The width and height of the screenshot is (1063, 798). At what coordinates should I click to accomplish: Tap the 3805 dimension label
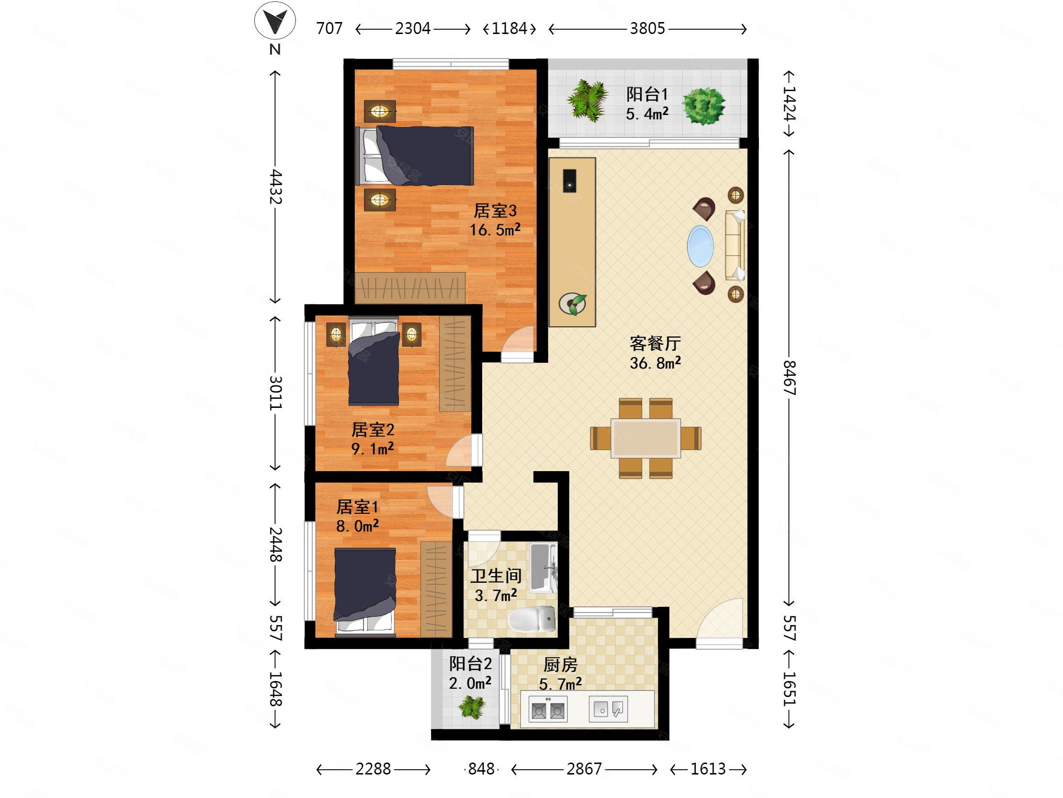point(647,29)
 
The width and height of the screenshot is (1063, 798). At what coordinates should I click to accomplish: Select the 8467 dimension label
point(789,378)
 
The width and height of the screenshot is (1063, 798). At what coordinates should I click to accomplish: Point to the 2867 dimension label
point(584,769)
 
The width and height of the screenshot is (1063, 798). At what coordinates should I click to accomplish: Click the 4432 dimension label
point(275,186)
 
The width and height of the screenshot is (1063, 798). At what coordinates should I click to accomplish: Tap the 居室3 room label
point(495,211)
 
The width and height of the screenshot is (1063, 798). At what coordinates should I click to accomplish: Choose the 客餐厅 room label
point(655,344)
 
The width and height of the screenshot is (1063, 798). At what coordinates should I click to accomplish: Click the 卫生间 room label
point(496,576)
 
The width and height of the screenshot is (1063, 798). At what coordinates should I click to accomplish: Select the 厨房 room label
point(560,665)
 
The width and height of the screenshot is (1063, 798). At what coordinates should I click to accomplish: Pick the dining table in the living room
point(645,438)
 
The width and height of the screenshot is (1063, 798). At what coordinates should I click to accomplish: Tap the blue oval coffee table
point(700,246)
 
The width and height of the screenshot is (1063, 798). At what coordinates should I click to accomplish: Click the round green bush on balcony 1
point(704,106)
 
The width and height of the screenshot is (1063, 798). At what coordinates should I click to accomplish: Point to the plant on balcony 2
point(472,707)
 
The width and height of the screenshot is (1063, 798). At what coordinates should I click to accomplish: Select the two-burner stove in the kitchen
point(548,710)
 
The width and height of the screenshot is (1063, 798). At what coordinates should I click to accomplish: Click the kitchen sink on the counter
point(609,709)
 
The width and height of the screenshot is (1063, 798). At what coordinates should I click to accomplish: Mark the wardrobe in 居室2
point(455,364)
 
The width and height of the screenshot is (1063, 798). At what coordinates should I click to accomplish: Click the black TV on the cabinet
point(569,181)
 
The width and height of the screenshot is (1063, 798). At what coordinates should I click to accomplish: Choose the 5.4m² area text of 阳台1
point(647,114)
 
